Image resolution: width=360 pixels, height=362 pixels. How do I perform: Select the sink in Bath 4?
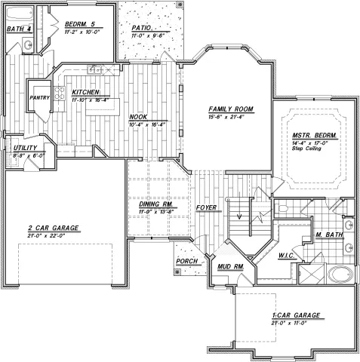pos(27,45)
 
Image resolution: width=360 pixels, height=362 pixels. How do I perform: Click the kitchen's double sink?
pos(95,70)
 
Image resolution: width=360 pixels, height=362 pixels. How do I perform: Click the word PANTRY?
pos(38,97)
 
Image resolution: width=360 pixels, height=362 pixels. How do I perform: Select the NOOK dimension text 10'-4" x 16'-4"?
pos(140,124)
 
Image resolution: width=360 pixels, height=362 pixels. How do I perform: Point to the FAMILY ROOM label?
pos(231,109)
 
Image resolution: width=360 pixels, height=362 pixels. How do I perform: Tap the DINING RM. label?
pos(157,204)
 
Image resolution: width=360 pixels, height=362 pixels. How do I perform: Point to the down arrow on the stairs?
pos(240,217)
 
